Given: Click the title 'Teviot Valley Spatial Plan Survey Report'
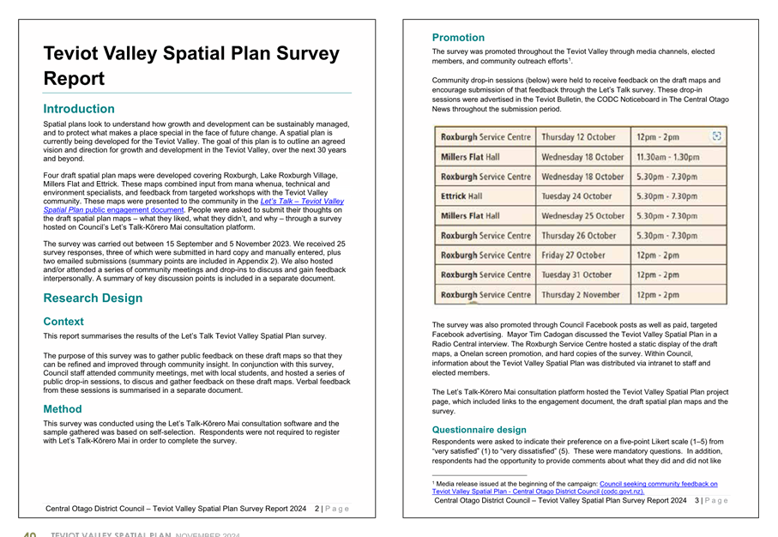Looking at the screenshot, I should [191, 65].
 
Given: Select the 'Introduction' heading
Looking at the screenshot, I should [79, 109].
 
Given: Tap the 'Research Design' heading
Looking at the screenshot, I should [93, 299].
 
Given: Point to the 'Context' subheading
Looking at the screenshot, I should [63, 322].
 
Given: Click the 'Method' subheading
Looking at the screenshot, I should [63, 409].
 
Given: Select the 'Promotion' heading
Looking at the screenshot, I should [458, 38].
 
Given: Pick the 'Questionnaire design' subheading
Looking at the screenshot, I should [479, 430].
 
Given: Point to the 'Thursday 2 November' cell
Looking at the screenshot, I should [580, 295].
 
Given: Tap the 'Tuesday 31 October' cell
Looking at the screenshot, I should [576, 275].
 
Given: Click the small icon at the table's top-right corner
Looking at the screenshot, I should [717, 136].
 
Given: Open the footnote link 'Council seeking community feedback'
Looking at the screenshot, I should [658, 484].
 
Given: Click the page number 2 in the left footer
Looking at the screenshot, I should [317, 509].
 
